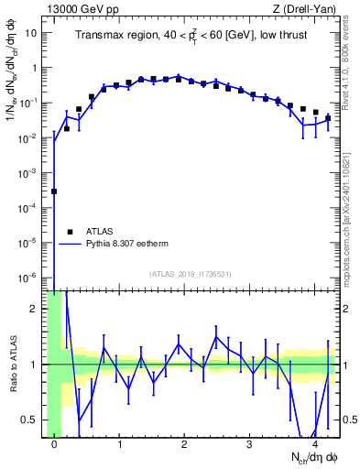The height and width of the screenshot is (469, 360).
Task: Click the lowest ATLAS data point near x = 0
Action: point(54,191)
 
